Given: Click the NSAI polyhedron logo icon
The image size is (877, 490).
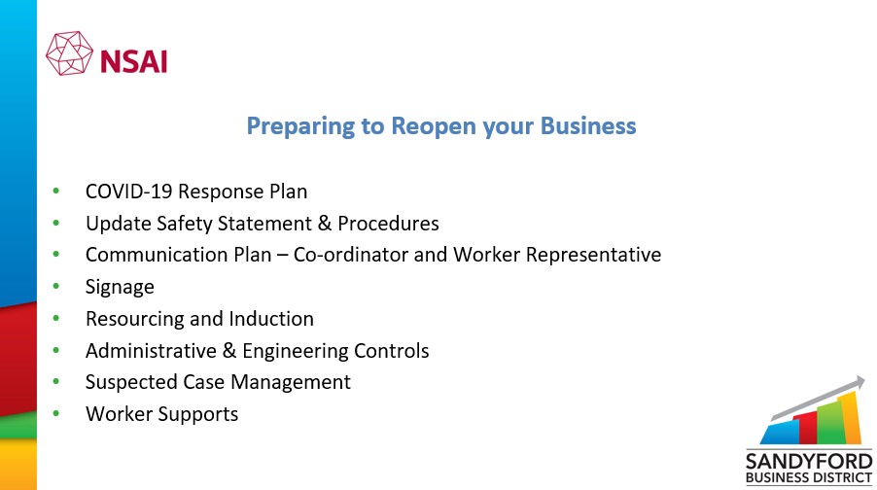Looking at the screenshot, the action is [69, 53].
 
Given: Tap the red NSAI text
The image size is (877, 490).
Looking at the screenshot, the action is [133, 61].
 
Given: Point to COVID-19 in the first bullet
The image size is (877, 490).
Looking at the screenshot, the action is [128, 192].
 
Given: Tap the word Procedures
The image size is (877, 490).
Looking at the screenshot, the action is [388, 224].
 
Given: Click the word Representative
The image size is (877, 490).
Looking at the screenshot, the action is [593, 256].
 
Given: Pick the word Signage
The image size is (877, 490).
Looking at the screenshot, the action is [120, 288].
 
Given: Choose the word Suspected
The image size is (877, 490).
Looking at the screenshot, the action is [131, 383].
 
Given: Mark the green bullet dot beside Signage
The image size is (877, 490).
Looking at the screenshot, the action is [56, 287].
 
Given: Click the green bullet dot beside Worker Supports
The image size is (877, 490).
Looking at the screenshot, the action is [56, 414].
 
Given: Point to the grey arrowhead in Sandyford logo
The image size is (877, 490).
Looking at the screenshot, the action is [857, 384].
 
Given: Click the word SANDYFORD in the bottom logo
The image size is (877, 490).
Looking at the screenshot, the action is [809, 462].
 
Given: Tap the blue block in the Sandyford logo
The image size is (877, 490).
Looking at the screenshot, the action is [780, 432].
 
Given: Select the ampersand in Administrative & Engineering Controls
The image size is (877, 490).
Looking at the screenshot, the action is [229, 351].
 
